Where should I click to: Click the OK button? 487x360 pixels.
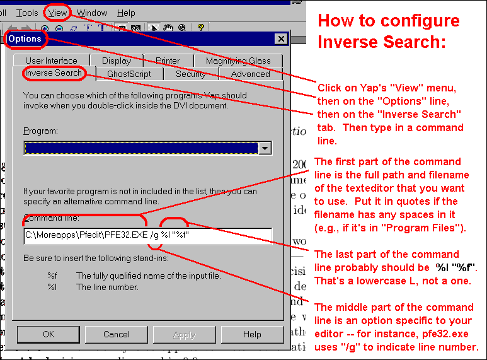click(x=49, y=334)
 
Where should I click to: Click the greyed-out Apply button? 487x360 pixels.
click(x=185, y=334)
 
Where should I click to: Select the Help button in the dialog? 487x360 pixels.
click(x=252, y=334)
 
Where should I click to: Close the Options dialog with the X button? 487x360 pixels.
click(x=281, y=39)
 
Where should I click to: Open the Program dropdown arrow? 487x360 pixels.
click(x=265, y=148)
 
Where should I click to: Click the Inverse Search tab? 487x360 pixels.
click(x=54, y=73)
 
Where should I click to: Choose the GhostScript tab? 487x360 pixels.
click(x=129, y=74)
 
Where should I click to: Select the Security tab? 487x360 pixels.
click(x=191, y=74)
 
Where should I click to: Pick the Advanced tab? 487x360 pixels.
click(x=250, y=74)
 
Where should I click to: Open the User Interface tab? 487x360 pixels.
click(x=51, y=61)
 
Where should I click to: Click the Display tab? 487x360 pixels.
click(x=117, y=61)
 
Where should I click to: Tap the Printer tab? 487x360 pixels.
click(x=168, y=61)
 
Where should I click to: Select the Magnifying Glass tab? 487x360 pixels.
click(x=238, y=61)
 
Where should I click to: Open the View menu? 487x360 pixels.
click(x=57, y=13)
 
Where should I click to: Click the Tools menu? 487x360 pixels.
click(x=27, y=13)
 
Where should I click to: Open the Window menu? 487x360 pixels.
click(x=91, y=13)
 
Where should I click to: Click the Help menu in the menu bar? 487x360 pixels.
click(x=126, y=13)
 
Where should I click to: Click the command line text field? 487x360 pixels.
click(x=148, y=236)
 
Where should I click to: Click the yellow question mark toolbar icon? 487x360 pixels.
click(x=200, y=27)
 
